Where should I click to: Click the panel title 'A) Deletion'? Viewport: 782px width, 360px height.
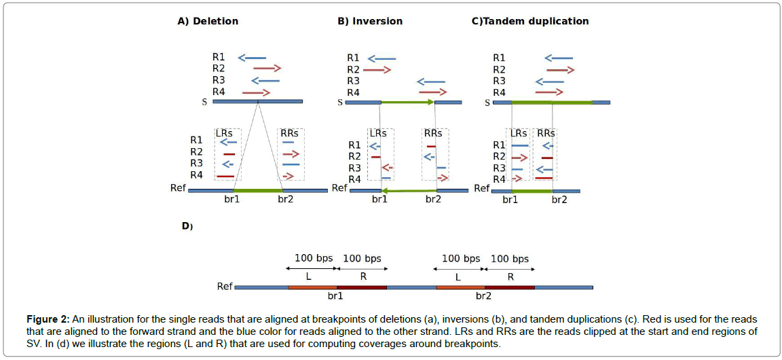(208, 21)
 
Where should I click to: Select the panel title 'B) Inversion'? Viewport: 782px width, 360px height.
(370, 21)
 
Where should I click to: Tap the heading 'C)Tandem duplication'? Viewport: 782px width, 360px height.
(529, 21)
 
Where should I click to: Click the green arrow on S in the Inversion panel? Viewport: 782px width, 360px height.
(407, 103)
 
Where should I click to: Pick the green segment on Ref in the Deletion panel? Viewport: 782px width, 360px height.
(257, 190)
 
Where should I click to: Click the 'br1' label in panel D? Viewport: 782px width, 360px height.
(335, 297)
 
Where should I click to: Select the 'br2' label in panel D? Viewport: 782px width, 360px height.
(483, 297)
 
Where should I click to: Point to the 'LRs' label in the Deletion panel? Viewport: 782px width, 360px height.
(224, 133)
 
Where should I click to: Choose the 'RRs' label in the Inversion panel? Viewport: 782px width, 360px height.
(433, 133)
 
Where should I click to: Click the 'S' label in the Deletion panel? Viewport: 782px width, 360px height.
(204, 103)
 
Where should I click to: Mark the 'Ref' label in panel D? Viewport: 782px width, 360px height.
(225, 286)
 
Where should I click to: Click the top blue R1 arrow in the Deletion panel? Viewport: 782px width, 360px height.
(252, 58)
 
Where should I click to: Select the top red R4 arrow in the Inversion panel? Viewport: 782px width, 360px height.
(433, 92)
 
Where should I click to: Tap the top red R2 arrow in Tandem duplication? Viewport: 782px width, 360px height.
(561, 69)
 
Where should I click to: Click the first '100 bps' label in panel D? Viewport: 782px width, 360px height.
(313, 258)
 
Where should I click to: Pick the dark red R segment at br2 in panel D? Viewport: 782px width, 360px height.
(509, 287)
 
